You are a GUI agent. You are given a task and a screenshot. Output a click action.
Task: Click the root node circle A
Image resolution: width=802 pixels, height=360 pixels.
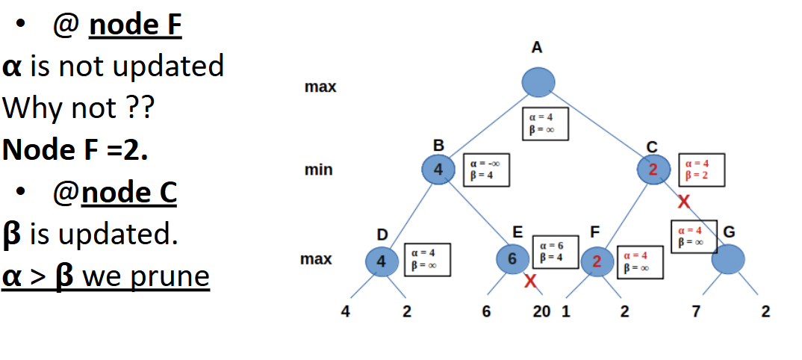538,82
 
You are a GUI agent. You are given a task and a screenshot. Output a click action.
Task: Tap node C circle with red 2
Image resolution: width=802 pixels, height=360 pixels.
654,170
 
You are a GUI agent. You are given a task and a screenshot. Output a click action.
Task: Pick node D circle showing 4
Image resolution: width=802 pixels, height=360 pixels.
382,261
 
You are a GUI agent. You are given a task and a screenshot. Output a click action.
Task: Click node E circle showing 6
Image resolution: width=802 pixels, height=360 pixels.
512,259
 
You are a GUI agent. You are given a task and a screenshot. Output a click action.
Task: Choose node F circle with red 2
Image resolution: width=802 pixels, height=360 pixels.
597,261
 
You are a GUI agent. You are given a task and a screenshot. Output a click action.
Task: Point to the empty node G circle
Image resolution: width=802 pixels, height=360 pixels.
728,260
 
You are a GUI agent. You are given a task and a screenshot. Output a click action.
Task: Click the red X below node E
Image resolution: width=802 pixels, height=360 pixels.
530,282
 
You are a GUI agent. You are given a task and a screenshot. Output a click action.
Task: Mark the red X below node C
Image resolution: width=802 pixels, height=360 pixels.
683,202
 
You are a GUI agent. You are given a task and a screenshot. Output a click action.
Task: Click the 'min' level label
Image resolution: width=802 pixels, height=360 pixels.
319,170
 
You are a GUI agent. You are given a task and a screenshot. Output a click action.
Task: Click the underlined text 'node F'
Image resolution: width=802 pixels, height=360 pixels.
135,26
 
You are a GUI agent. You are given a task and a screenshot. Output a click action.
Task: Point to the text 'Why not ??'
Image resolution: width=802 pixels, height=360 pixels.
78,108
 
